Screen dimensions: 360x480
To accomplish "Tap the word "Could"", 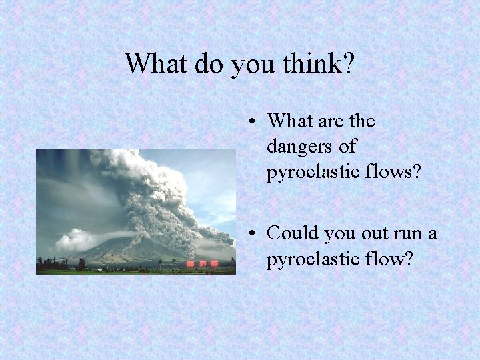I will tap(292, 233).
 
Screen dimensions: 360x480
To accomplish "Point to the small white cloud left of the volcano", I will tap(75, 239).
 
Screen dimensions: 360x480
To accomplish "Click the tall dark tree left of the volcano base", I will tap(82, 264).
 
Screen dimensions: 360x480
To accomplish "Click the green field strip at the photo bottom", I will tap(133, 271).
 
